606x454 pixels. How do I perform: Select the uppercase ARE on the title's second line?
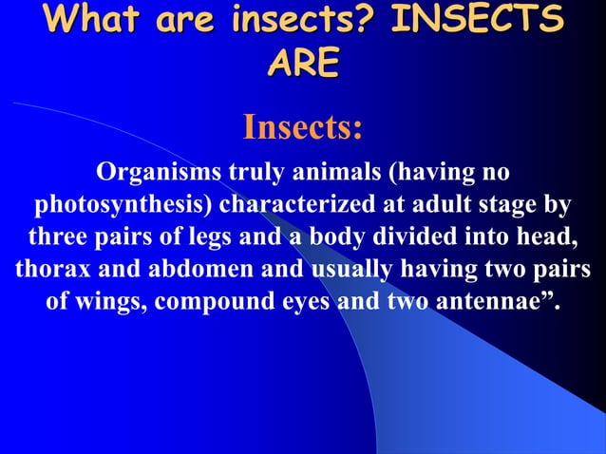[x=303, y=64]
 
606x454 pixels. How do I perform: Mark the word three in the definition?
[x=64, y=237]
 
